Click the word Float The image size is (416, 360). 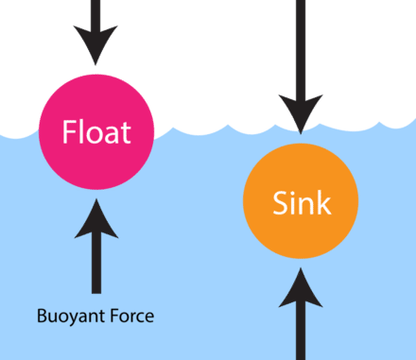pos(95,131)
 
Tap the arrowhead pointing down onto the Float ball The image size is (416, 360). pos(95,46)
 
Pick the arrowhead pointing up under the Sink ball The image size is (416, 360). pos(301,288)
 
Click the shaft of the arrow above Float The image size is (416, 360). pos(95,13)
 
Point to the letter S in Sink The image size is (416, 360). pos(279,201)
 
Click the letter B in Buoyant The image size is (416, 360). pos(40,316)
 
